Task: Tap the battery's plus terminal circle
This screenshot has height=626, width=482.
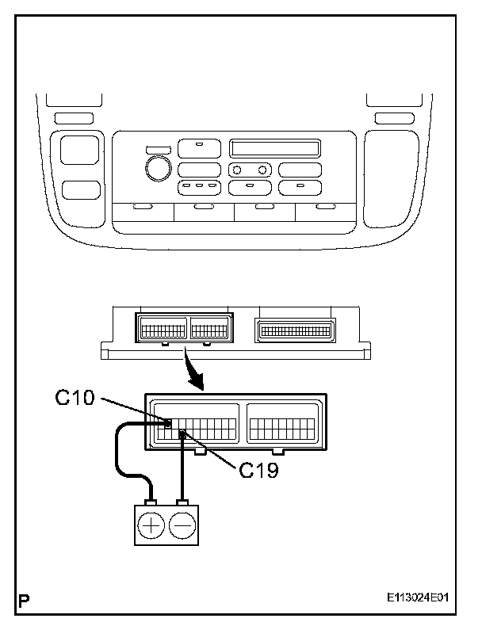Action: tap(151, 526)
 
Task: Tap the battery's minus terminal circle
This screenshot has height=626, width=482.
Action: tap(183, 526)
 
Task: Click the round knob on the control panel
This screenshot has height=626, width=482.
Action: tap(158, 168)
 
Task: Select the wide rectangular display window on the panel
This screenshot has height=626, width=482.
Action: tap(274, 148)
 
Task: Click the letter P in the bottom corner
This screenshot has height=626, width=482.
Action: tap(23, 599)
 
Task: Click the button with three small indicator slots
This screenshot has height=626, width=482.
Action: tap(199, 187)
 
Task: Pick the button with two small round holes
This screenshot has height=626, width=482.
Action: tap(249, 169)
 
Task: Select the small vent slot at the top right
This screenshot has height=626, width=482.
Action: tap(389, 119)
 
